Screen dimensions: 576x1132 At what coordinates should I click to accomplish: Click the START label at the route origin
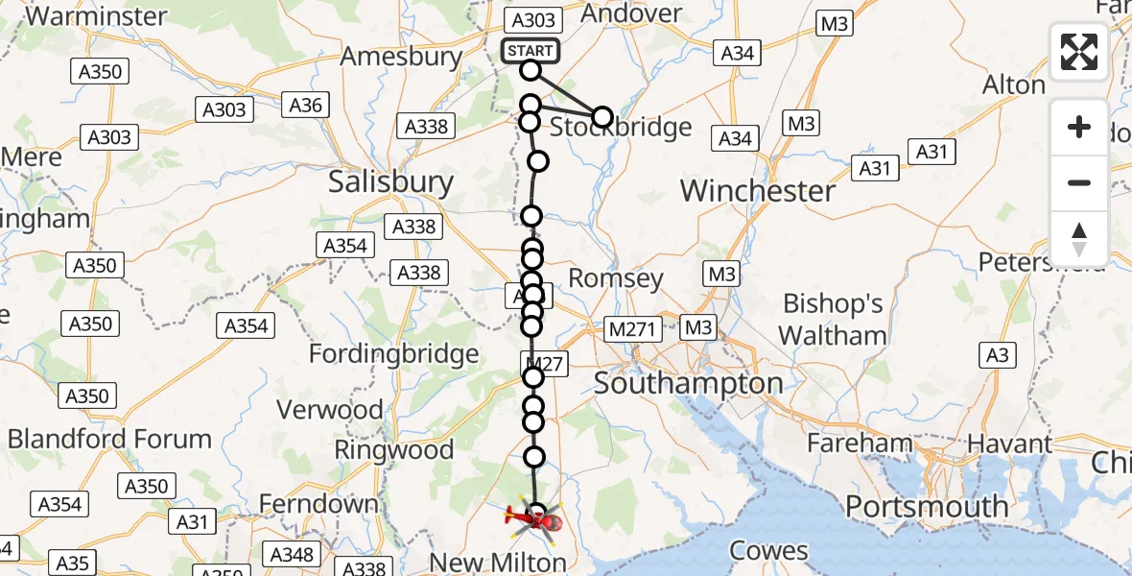531,51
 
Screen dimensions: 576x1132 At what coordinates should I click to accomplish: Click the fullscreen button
1079,52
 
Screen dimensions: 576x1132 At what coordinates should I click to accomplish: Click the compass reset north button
1079,239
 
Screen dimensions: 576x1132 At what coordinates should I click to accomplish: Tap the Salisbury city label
390,182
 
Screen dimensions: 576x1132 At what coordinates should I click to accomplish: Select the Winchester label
758,191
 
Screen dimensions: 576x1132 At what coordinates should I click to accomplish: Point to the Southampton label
688,384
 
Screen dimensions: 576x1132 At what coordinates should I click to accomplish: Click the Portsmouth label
926,506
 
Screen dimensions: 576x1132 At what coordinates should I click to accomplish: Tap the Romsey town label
616,278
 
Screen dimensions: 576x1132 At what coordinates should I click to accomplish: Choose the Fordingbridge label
393,354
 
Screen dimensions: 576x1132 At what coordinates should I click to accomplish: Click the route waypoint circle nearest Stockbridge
601,117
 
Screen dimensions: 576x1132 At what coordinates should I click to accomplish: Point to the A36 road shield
305,105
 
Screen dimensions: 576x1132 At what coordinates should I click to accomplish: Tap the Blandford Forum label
109,440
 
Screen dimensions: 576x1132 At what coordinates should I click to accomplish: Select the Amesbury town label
401,57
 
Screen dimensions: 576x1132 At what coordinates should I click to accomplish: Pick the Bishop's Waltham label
833,320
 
